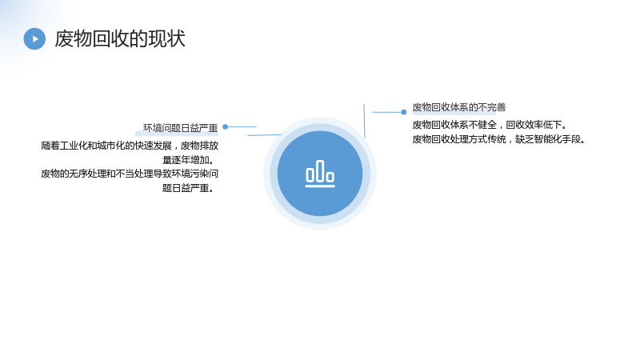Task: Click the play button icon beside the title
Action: (x=34, y=38)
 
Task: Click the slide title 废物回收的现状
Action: (x=120, y=38)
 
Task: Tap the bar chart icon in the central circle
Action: (x=320, y=174)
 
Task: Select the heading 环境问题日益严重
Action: (x=181, y=128)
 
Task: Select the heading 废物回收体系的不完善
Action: (x=458, y=107)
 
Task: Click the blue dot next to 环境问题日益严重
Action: (x=225, y=127)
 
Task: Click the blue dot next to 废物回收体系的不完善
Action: (x=404, y=112)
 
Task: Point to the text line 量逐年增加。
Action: (x=188, y=159)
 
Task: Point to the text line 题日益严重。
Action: (x=188, y=188)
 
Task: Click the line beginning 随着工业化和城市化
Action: (x=130, y=146)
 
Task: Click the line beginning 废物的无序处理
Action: (x=130, y=174)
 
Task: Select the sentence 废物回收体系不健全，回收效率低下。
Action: (x=490, y=125)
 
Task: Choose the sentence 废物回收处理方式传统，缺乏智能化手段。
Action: (x=498, y=139)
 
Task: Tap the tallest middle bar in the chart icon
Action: (x=321, y=170)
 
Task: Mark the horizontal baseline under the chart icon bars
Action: (x=320, y=186)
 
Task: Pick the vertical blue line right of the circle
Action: (x=364, y=121)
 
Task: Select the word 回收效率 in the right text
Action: (x=525, y=125)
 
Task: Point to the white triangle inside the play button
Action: (x=35, y=38)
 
